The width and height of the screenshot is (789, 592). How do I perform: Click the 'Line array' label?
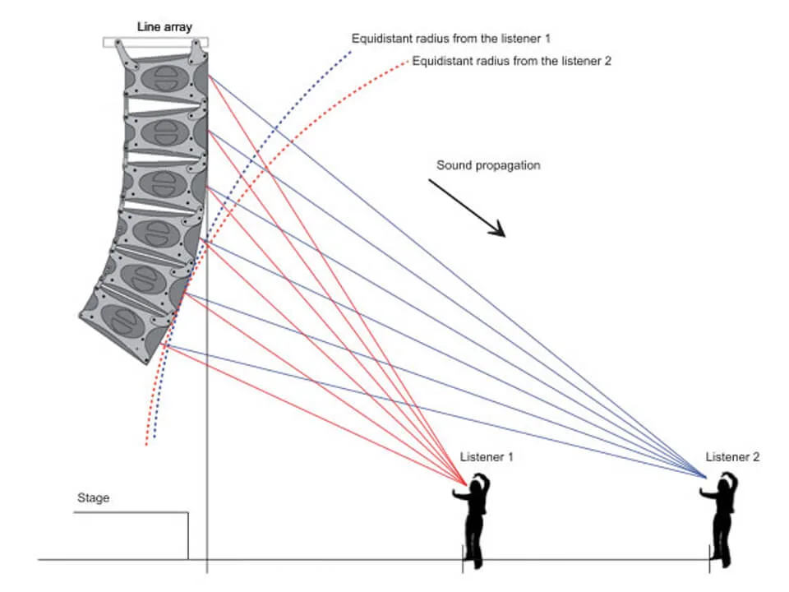coord(164,27)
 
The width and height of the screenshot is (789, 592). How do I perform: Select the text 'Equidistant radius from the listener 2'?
coord(512,61)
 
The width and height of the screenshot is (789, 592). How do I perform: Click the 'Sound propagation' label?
coord(488,165)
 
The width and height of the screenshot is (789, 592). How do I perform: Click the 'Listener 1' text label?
coord(487,456)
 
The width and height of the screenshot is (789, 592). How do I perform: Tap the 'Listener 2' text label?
coord(732,456)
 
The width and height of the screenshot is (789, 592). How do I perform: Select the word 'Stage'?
coord(93,497)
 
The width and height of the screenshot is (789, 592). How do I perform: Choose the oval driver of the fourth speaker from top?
coord(151,232)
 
